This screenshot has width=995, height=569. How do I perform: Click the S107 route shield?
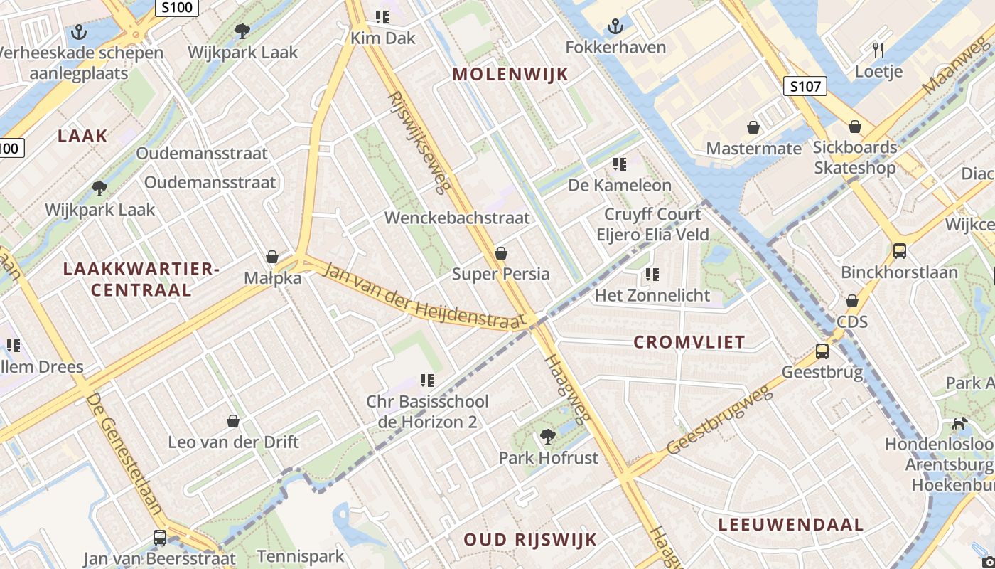pos(806,87)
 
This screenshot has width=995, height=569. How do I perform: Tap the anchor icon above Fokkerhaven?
pos(615,28)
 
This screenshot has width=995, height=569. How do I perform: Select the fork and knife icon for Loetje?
pos(878,50)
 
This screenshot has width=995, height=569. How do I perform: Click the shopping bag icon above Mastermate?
pos(753,127)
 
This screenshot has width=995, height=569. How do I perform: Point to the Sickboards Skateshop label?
pos(855,158)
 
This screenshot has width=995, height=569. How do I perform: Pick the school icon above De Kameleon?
pos(620,164)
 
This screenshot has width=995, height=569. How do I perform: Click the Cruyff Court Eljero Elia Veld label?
pos(652,224)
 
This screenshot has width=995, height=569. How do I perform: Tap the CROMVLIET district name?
pos(689,342)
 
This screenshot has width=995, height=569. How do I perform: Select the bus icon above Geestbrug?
pos(822,351)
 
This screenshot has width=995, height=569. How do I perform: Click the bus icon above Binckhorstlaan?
pos(900,251)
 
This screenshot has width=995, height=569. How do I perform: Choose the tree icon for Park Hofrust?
pos(547,436)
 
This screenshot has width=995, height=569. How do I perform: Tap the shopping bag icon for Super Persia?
pos(501,253)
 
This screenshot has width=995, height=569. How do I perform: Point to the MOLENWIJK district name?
pos(510,74)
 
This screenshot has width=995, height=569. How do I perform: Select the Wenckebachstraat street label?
pos(457,218)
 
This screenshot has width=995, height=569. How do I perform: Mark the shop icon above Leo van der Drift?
pos(233,421)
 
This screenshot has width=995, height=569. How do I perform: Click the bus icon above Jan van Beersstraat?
pos(160,538)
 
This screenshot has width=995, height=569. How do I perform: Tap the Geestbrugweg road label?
pos(721,421)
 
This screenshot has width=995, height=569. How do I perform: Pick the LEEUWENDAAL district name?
pos(790,526)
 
